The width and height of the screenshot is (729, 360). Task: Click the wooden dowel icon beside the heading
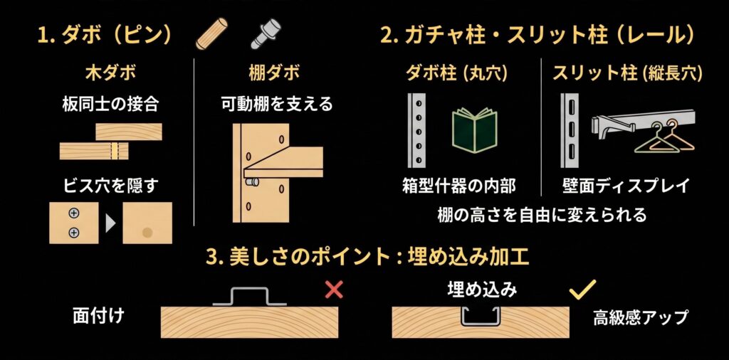211,33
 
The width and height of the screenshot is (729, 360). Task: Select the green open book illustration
474,130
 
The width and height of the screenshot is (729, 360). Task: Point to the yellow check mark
582,289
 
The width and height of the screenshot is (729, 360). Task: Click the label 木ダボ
110,73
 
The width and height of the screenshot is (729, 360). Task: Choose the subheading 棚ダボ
274,73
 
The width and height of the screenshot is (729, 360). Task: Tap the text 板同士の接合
110,105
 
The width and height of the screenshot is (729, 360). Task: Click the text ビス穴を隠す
110,186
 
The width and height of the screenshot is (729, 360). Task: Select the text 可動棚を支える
277,105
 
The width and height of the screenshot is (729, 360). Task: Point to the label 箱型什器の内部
458,186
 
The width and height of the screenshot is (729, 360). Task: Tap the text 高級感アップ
640,318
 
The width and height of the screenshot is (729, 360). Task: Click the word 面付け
98,316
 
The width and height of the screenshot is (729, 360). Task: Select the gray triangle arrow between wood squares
110,224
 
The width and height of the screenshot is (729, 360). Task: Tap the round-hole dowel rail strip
416,130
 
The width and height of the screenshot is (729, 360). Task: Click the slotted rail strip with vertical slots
570,130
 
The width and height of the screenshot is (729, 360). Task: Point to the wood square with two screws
74,223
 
